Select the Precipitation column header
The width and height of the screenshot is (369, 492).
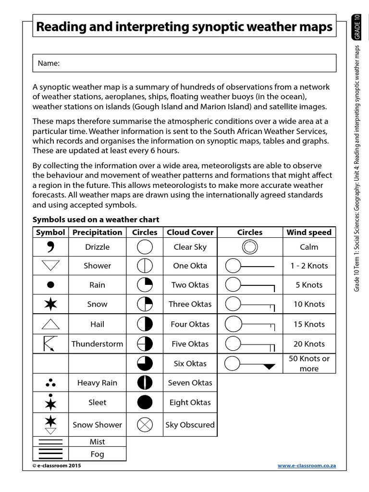[97, 232]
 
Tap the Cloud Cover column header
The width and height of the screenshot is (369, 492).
[190, 232]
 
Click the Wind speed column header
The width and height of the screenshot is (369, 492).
[309, 232]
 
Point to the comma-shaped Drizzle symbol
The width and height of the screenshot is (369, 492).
[50, 247]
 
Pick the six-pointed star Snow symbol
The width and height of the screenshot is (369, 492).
[50, 304]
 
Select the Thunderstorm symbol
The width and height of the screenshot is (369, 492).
[50, 344]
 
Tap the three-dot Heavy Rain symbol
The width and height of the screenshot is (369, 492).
[50, 383]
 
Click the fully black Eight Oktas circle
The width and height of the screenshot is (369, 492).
[145, 403]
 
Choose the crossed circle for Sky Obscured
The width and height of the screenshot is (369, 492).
[145, 425]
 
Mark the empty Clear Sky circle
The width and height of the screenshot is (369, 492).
[145, 247]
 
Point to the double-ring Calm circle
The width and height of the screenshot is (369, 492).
[250, 247]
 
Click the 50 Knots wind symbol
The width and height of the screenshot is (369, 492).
[250, 364]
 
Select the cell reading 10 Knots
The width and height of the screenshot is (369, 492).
[309, 304]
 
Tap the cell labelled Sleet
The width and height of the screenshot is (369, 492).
[97, 403]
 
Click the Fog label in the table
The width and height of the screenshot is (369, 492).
[97, 454]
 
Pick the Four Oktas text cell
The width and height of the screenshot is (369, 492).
[190, 324]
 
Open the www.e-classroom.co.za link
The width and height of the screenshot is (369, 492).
[307, 466]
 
